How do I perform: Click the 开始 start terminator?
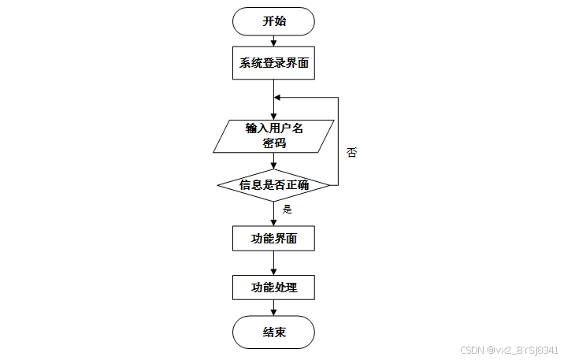click(273, 21)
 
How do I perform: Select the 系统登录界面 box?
click(273, 64)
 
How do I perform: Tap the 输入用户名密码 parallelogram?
click(273, 135)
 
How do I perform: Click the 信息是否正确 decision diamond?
click(273, 185)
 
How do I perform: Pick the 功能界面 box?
click(273, 238)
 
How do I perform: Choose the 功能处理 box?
click(273, 287)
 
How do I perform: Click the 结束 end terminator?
click(273, 332)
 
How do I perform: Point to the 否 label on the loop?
click(351, 152)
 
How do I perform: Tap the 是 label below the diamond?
click(287, 210)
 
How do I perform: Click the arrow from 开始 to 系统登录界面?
click(273, 42)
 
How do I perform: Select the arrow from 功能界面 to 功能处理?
click(273, 262)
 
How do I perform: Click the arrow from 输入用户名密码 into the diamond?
click(273, 161)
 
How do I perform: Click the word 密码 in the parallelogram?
click(273, 143)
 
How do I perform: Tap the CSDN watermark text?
click(509, 350)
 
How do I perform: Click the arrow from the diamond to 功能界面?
click(273, 213)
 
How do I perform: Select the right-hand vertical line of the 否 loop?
click(338, 142)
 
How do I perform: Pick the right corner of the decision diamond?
click(329, 185)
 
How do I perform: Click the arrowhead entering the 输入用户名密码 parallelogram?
click(273, 116)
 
